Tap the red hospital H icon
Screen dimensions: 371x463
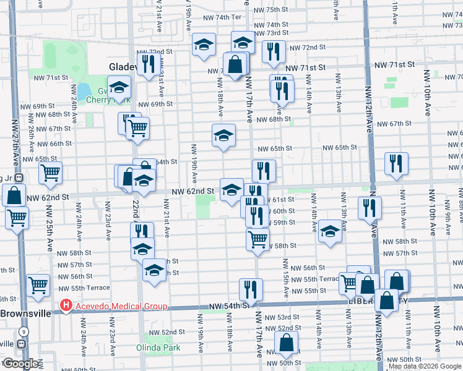[x=65, y=306]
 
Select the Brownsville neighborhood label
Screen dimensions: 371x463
[x=25, y=313]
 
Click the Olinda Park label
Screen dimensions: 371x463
[x=158, y=348]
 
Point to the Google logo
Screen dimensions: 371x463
[x=20, y=364]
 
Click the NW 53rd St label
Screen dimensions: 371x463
[x=282, y=317]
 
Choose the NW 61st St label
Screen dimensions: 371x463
[x=282, y=199]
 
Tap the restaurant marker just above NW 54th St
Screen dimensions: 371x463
[x=251, y=289]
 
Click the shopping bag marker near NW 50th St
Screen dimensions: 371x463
[x=287, y=342]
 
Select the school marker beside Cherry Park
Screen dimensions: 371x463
[x=119, y=87]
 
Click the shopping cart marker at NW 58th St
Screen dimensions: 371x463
[x=257, y=238]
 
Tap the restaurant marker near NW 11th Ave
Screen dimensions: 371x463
[x=396, y=163]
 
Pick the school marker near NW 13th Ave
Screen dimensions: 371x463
[x=330, y=232]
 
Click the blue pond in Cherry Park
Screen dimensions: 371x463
[x=83, y=92]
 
